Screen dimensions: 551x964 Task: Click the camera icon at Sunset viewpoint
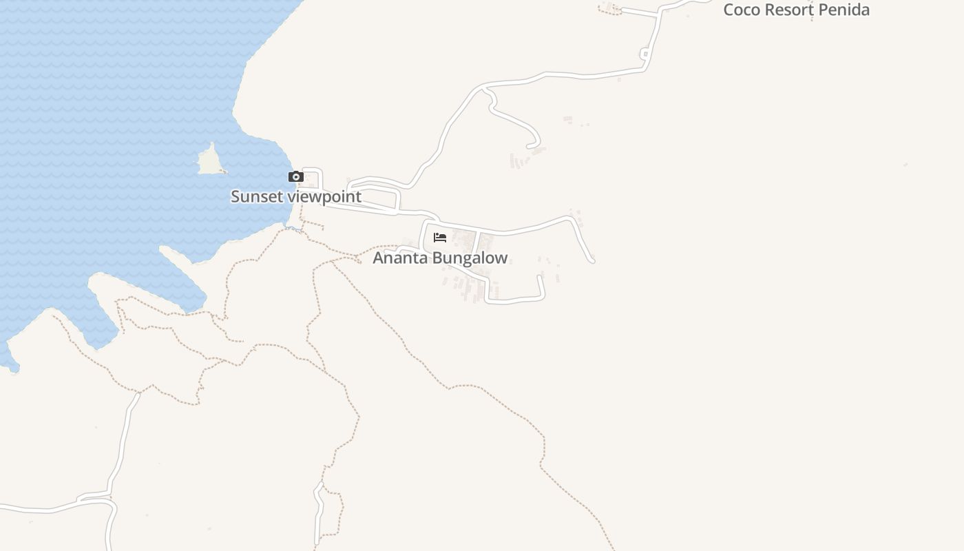296,177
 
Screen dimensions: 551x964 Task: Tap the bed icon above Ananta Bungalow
440,238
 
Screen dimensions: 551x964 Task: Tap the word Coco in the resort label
742,10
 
